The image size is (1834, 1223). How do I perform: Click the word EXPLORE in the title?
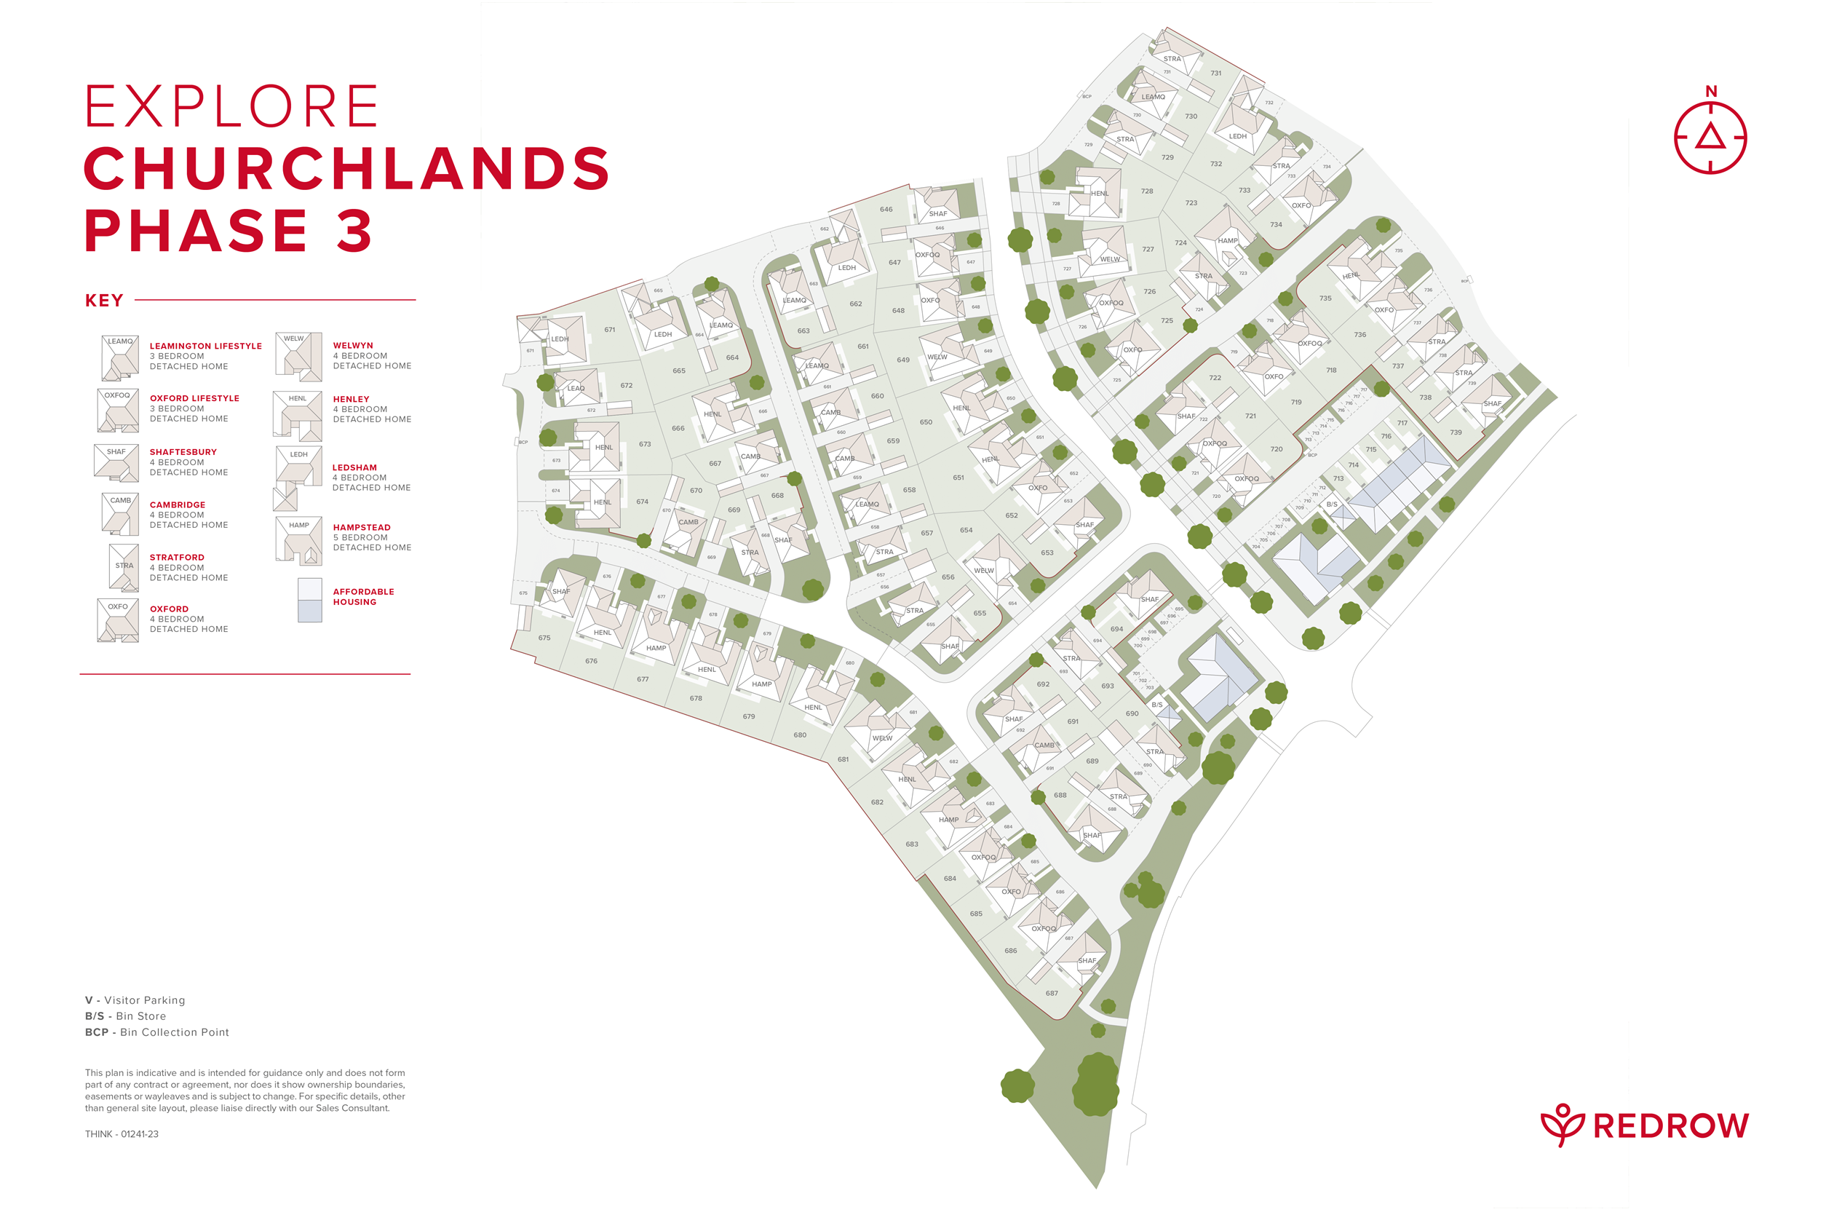[231, 107]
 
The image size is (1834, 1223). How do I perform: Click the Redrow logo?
[1645, 1125]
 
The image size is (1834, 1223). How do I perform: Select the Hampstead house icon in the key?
[298, 539]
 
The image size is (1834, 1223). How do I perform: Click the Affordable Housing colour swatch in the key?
[309, 600]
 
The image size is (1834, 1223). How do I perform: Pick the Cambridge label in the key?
[177, 504]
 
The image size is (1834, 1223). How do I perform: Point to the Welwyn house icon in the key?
[298, 356]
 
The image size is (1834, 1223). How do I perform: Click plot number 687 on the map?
[1052, 993]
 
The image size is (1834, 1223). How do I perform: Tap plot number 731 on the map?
[1215, 74]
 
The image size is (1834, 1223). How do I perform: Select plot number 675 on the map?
[544, 637]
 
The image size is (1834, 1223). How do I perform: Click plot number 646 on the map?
[886, 209]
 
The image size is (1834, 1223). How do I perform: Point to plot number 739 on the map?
[1456, 432]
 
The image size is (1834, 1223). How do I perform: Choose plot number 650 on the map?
[926, 422]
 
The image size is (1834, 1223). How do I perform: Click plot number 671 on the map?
[610, 329]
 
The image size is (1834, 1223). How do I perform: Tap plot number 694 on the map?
[1116, 629]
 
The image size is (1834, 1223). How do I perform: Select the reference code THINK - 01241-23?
[122, 1134]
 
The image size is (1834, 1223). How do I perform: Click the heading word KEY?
[103, 300]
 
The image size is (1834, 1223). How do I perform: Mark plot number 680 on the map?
[800, 735]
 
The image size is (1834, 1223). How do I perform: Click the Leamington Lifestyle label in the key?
[205, 346]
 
